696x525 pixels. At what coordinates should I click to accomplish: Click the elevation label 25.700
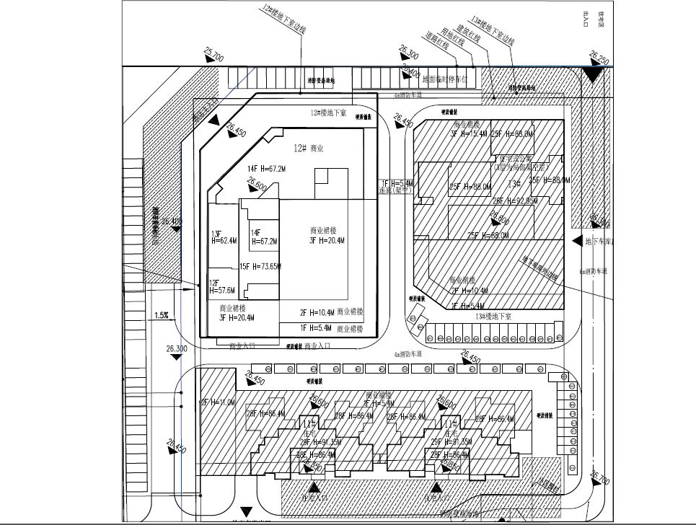click(214, 54)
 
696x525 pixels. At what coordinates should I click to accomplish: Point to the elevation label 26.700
click(600, 477)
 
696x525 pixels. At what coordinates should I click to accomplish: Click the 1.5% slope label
click(161, 315)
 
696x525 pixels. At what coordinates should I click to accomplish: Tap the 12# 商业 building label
click(307, 148)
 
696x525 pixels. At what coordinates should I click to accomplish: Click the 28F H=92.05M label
click(513, 201)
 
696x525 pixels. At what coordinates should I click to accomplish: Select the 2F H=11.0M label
click(218, 402)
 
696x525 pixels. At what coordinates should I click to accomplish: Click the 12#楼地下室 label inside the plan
click(329, 113)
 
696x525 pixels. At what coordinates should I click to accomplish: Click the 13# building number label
click(514, 183)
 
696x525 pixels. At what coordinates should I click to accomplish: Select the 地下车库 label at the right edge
click(601, 241)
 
